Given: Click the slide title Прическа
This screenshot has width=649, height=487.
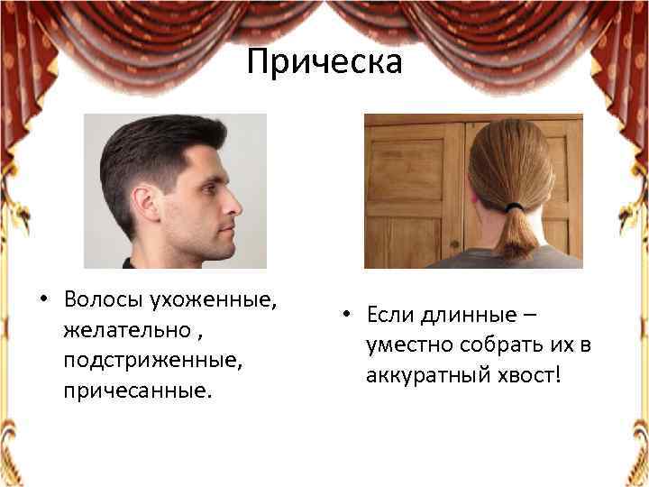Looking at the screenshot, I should tap(324, 63).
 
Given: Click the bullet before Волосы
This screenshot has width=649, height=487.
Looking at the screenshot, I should tap(43, 299).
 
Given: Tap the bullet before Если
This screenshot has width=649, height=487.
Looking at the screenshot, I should tap(345, 316).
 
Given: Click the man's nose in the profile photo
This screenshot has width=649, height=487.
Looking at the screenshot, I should tap(236, 204).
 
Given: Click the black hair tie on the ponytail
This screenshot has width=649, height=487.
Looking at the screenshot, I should tap(514, 207).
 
